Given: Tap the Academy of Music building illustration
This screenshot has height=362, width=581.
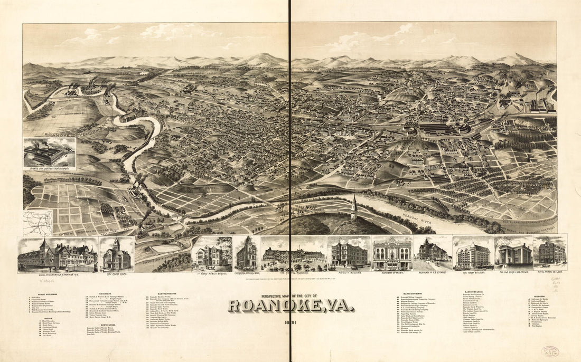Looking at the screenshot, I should click(391, 254).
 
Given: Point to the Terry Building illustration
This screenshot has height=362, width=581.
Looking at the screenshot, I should click(472, 254).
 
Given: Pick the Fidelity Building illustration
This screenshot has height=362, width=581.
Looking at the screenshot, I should click(349, 254).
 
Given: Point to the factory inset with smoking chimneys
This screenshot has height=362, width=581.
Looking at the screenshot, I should click(49, 153).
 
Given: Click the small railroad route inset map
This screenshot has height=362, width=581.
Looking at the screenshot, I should click(38, 222).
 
